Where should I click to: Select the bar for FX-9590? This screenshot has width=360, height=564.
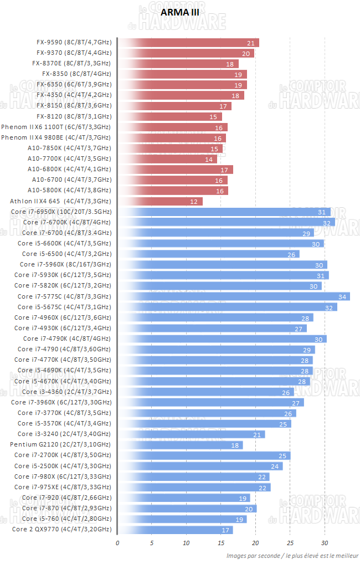pos(188,43)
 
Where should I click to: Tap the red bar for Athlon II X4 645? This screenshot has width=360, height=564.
pos(160,201)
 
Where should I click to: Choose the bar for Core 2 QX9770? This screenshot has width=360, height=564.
pos(175,530)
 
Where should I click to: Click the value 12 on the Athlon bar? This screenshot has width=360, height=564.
pos(194,202)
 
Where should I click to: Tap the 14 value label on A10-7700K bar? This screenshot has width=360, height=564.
pos(209,159)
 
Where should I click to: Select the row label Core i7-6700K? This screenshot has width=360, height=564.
pos(66,222)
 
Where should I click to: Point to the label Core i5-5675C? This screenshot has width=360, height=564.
pos(64,307)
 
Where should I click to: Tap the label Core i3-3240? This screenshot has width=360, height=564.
pos(64,434)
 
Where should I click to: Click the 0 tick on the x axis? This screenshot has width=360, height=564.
pos(117,542)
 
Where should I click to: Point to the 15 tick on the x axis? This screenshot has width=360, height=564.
pos(221,542)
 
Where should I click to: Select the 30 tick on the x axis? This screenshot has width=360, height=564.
pos(325,542)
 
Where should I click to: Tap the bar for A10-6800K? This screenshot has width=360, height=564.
pos(175,170)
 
